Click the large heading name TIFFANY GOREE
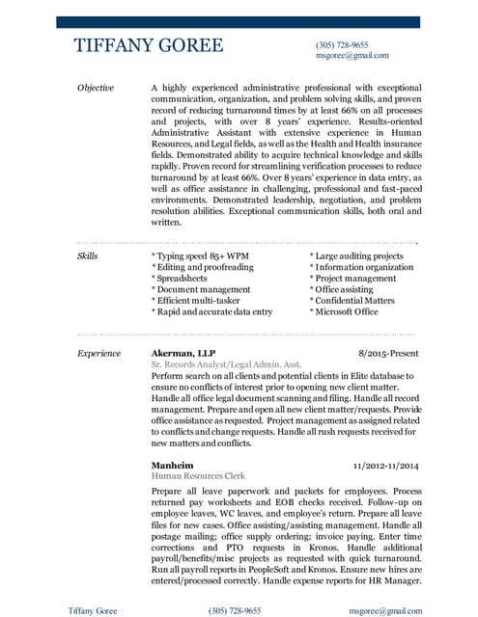coord(149,46)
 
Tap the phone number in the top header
coord(342,45)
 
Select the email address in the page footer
coord(385,610)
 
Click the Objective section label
coord(95,88)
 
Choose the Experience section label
coord(98,354)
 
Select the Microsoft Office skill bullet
coord(344,312)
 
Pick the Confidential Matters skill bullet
coord(351,301)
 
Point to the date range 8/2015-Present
coord(389,354)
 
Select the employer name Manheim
coord(173,465)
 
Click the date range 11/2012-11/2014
coord(386,465)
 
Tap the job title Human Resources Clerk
coord(199,476)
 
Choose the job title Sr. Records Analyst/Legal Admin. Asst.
coord(226,365)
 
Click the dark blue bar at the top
coord(239,21)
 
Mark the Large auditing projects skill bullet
coord(355,256)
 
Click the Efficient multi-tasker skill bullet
coord(200,301)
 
